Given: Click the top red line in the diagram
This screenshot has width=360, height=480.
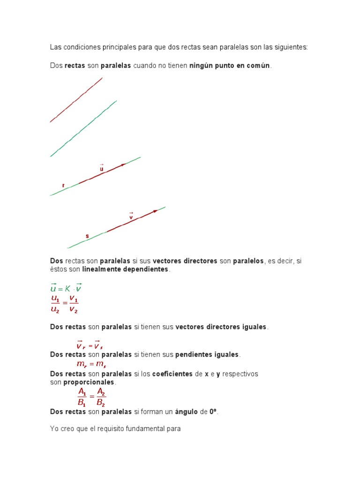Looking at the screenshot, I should (x=76, y=100).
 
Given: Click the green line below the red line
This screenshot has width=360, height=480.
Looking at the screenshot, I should (x=83, y=128).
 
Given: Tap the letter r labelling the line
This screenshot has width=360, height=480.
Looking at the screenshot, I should (x=63, y=186).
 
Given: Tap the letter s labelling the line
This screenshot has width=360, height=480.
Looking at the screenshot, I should (x=87, y=236).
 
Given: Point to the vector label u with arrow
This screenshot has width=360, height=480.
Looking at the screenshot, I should (x=102, y=168).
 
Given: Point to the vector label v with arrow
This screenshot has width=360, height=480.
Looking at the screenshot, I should (x=131, y=216).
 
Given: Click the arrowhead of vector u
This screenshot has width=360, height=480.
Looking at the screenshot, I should (x=124, y=165).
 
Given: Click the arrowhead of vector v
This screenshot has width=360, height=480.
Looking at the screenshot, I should (x=155, y=211).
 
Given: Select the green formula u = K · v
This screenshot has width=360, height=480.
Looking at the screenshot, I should (x=66, y=288).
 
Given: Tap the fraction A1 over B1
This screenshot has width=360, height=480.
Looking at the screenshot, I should (x=82, y=397).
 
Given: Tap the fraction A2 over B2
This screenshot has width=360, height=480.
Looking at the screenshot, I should (x=100, y=397).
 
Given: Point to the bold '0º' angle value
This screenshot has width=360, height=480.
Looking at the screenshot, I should (x=213, y=412).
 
